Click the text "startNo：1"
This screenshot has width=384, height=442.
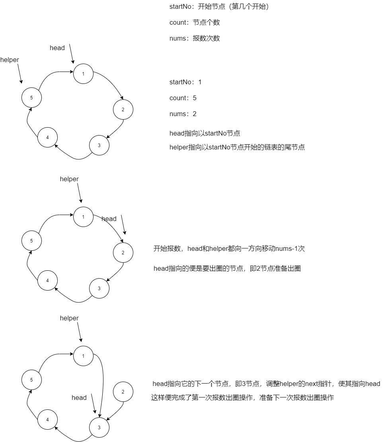pos(185,82)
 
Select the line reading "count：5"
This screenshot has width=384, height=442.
pos(183,98)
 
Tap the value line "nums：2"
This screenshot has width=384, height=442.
pos(183,114)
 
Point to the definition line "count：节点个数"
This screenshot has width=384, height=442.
pos(195,23)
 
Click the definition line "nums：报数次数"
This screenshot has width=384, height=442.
pos(195,39)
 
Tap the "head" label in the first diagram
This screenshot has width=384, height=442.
pos(57,48)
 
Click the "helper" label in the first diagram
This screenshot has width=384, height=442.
pos(10,60)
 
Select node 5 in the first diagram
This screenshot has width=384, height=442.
pos(31,97)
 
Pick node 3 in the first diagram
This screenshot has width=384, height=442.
pos(99,145)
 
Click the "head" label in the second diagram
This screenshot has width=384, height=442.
pos(109,219)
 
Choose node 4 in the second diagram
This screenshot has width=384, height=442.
pos(47,281)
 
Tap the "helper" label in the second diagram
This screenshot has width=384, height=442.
pos(69,179)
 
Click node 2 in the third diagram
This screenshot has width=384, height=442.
pos(123,392)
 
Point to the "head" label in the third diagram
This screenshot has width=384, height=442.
pos(79,398)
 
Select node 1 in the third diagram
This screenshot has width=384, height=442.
pos(83,356)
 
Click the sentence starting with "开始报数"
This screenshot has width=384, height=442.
pos(229,249)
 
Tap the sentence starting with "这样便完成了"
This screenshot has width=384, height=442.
pos(242,398)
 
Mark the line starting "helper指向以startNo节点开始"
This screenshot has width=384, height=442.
pos(237,147)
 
